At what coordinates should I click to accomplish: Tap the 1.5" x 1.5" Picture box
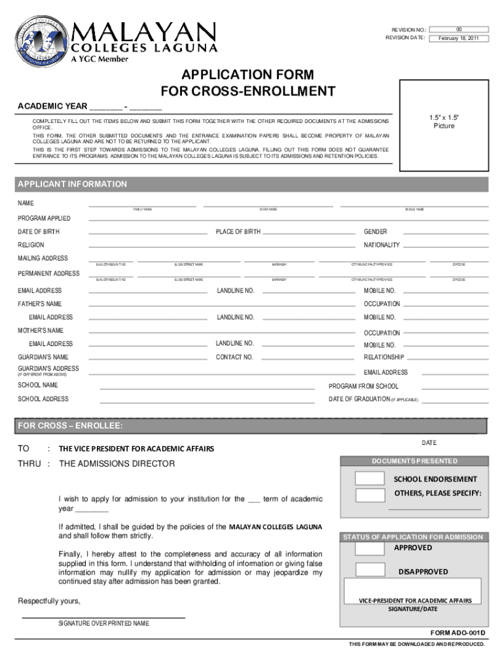point(443,121)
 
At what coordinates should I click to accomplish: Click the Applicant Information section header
point(73,185)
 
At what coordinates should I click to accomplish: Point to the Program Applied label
point(44,219)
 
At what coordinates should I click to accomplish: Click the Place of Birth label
point(238,232)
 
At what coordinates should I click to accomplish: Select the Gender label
point(375,232)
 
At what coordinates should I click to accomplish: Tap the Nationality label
point(381,245)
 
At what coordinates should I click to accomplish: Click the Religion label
point(31,245)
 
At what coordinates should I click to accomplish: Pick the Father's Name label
point(39,304)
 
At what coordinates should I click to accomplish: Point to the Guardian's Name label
point(43,357)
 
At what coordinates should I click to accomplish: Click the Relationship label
point(384,358)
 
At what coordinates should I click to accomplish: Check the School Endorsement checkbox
point(370,479)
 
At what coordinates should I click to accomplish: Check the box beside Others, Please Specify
point(370,495)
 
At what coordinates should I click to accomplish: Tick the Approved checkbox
point(370,548)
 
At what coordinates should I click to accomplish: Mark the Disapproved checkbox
point(370,569)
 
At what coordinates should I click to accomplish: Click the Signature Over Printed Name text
point(103,624)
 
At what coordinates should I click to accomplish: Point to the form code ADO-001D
point(461,633)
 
